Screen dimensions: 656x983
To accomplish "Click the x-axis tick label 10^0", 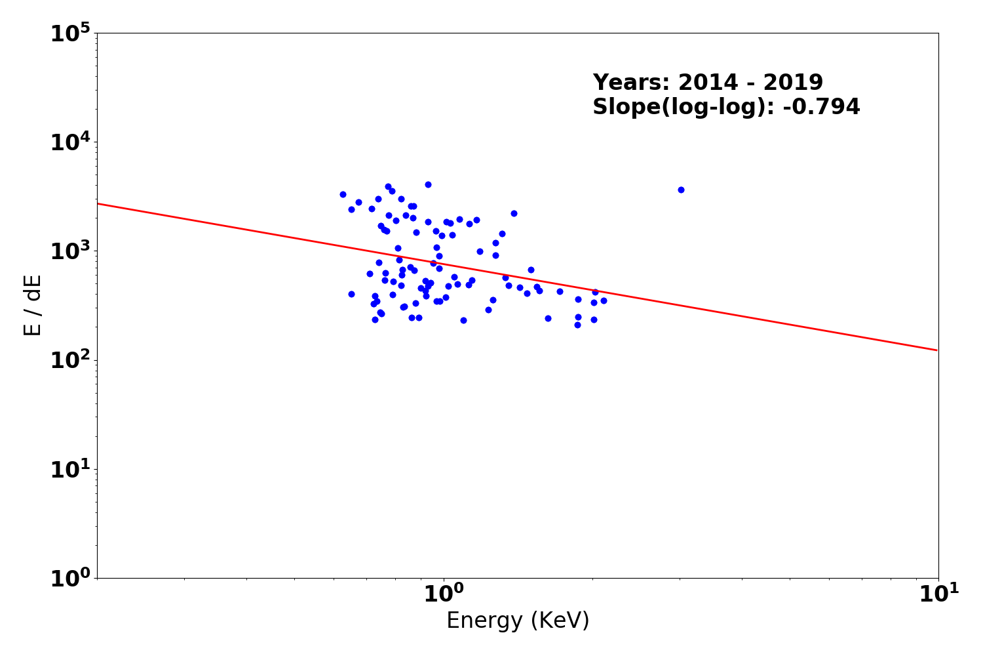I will tap(444, 594).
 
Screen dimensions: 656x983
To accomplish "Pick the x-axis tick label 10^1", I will tap(938, 594).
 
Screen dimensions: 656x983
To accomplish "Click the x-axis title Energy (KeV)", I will tap(518, 621).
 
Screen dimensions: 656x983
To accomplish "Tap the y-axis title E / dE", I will tap(33, 305).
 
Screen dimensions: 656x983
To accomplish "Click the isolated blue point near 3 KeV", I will tap(681, 190).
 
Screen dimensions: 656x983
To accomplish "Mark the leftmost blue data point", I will tap(343, 194).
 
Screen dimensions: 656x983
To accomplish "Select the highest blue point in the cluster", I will tap(428, 184).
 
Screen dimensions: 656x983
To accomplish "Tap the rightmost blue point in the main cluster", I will tap(604, 300).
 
